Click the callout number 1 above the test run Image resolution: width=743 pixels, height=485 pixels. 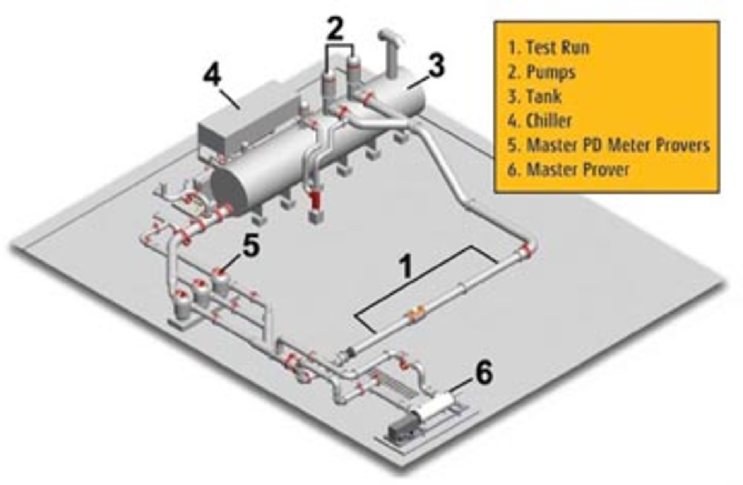406,266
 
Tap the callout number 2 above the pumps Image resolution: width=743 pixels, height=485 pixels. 335,29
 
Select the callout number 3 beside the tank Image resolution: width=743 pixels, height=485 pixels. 437,66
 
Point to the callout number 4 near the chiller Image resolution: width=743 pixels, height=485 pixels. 212,75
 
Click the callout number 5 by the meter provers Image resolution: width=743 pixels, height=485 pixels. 251,247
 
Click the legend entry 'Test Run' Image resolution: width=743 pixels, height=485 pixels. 549,48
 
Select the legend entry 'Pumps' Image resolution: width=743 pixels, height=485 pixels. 542,72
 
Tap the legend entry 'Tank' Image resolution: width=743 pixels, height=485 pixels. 535,96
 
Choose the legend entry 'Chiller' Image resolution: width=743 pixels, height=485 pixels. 540,121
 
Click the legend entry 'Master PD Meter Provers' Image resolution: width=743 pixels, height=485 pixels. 608,145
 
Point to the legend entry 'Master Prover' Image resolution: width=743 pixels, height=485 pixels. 569,170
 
